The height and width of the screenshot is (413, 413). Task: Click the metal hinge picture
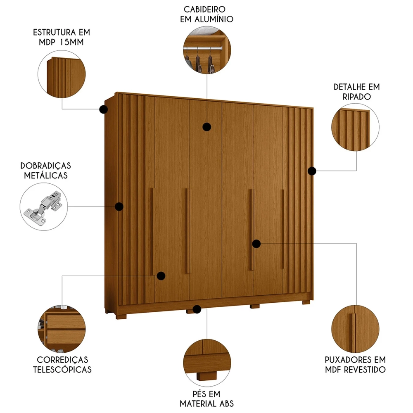coord(43,205)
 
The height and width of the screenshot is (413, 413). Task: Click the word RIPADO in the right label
coord(356,97)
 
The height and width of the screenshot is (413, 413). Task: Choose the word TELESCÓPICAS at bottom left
coord(62,369)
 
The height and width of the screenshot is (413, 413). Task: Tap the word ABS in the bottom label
coord(223,403)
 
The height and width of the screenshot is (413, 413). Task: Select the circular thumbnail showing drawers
coord(62,329)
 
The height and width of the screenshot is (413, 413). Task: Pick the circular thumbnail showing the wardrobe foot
coord(206,361)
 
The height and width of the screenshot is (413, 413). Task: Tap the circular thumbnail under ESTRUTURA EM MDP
coord(62,75)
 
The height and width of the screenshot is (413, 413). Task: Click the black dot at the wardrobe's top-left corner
coord(103,109)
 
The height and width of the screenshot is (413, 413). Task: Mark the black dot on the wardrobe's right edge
coord(312,171)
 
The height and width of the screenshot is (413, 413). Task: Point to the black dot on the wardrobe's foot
coord(197,309)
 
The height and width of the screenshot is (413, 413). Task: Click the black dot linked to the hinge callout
coord(119,206)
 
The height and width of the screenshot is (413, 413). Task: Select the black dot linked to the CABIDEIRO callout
coord(207,127)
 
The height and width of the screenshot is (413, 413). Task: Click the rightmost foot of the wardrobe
coord(306,302)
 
